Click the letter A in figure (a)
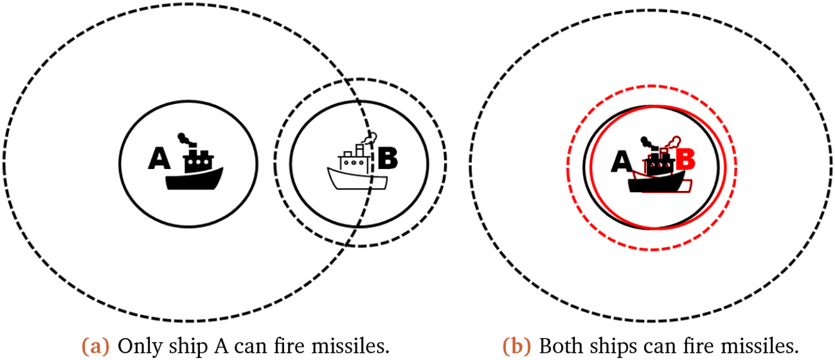158,158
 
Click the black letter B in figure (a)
388,158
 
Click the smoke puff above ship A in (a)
184,138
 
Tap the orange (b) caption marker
517,346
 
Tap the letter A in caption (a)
211,346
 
